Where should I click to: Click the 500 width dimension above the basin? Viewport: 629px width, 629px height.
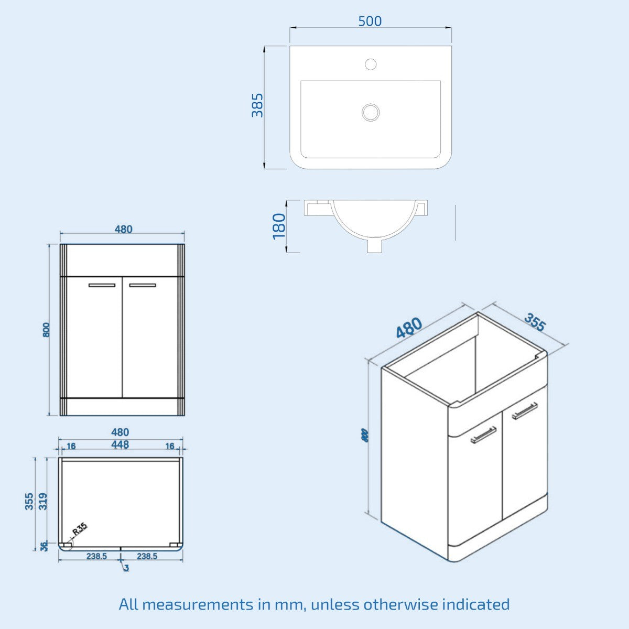click(370, 21)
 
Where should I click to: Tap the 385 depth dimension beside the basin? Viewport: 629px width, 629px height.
click(257, 105)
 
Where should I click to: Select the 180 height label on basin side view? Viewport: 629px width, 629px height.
click(279, 225)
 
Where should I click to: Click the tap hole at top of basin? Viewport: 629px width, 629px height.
click(371, 64)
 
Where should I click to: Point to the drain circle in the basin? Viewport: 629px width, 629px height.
click(371, 112)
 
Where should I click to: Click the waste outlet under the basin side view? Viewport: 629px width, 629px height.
click(374, 245)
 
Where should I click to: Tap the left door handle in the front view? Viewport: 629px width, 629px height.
click(102, 285)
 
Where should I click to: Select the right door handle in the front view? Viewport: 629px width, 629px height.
click(143, 285)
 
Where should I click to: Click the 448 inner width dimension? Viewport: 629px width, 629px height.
click(120, 444)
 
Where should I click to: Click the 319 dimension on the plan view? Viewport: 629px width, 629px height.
click(44, 501)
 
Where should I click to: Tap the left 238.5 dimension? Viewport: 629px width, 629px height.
click(97, 556)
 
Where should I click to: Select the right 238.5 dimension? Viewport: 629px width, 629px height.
click(147, 556)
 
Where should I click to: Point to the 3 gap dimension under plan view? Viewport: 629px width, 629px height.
click(126, 568)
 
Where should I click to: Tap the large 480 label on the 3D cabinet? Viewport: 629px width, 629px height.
click(408, 328)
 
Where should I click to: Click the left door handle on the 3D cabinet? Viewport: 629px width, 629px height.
click(483, 435)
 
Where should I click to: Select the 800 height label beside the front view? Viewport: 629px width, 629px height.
click(46, 330)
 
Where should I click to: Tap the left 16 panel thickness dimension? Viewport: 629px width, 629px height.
click(71, 446)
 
